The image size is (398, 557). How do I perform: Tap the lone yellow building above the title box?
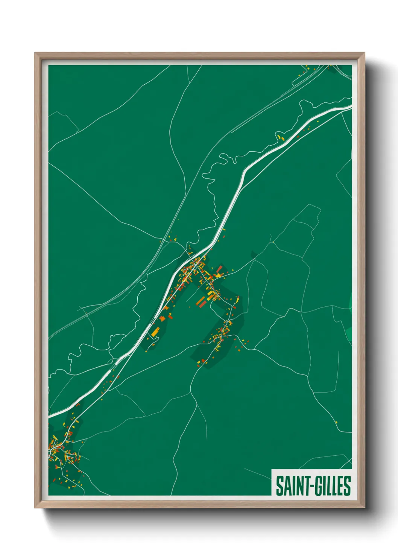[336, 422]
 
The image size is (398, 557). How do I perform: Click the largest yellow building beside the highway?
[155, 332]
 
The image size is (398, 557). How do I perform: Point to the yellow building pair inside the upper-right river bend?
[280, 137]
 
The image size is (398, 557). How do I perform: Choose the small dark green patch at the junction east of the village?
[253, 256]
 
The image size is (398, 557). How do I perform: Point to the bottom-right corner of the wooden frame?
[364, 507]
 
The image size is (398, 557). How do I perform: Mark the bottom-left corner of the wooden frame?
[35, 507]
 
